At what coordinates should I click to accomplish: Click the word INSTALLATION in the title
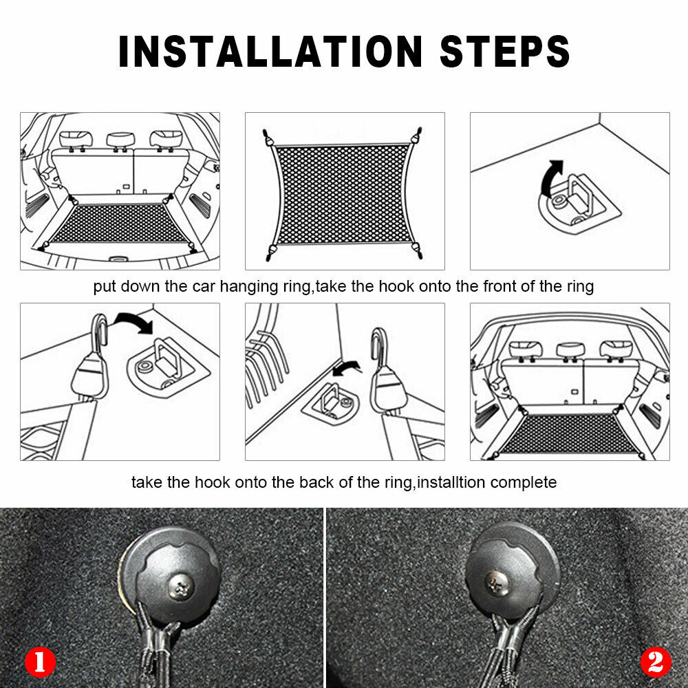click(270, 52)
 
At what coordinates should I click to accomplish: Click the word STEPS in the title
click(504, 52)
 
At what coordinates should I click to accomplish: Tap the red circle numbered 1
click(40, 661)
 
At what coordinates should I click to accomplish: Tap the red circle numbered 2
click(656, 661)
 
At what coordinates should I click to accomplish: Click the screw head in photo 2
click(497, 583)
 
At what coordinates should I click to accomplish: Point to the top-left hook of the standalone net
click(267, 138)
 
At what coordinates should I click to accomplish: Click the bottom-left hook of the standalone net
click(270, 252)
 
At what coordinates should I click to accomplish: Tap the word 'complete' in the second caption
click(524, 483)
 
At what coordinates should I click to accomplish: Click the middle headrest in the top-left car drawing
click(120, 140)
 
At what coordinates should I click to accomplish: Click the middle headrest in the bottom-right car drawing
click(570, 350)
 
